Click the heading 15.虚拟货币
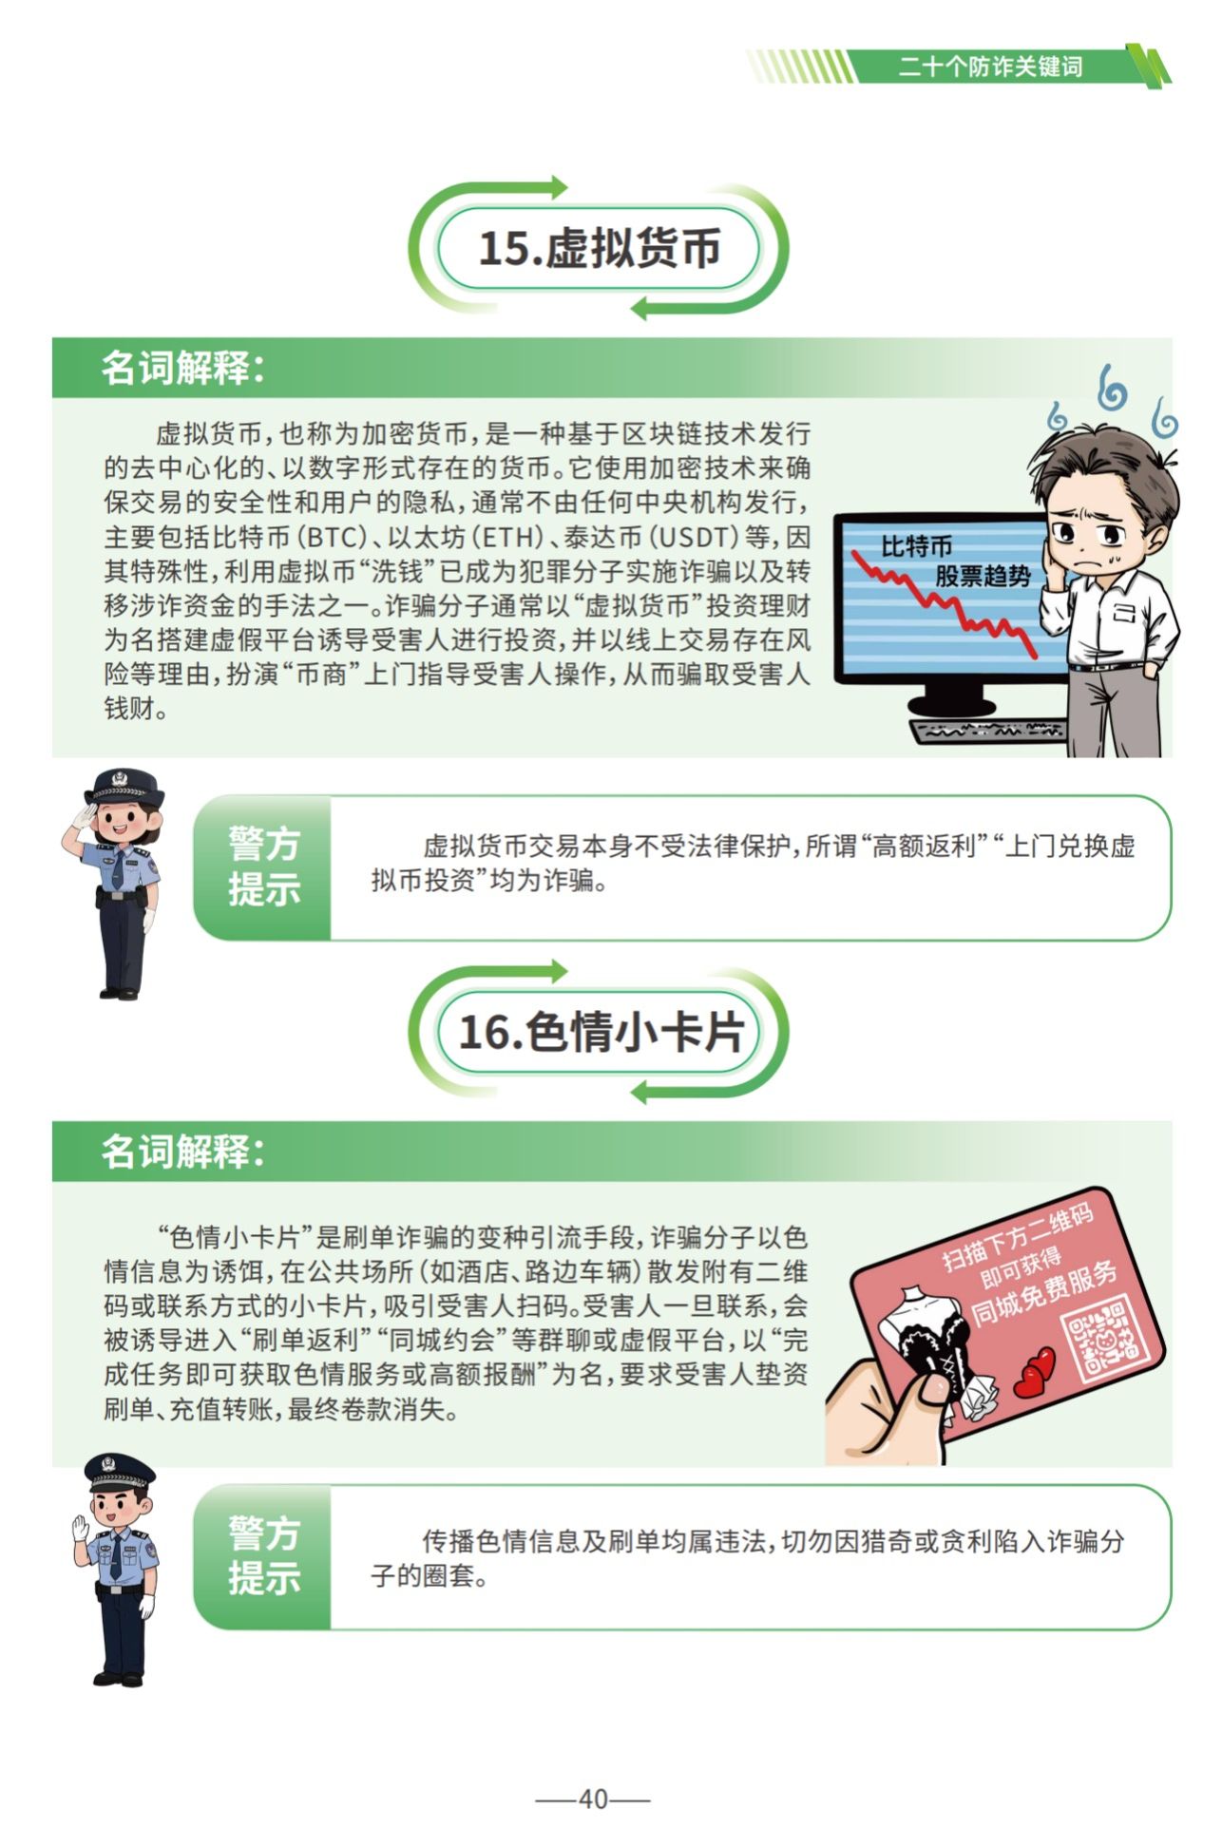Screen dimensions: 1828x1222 (x=599, y=249)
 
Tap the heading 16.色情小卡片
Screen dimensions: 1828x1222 (x=600, y=1033)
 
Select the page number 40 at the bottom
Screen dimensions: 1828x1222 (x=593, y=1799)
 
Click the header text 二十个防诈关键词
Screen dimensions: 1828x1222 (x=990, y=67)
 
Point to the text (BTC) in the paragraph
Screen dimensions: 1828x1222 (x=333, y=538)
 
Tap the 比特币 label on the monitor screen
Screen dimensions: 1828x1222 (x=916, y=547)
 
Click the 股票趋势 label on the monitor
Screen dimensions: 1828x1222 (x=983, y=576)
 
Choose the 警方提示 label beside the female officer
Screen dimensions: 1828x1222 (x=263, y=867)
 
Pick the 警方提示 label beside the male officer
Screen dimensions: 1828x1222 (x=263, y=1556)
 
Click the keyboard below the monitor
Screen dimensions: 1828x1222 (x=988, y=731)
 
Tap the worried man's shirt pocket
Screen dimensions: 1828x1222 (x=1125, y=613)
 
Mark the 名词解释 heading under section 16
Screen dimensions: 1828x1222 (x=181, y=1152)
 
